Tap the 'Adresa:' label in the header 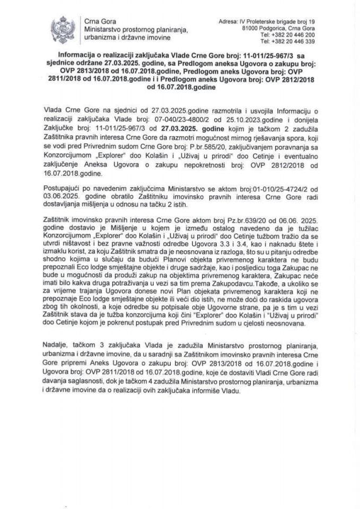tap(229, 21)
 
